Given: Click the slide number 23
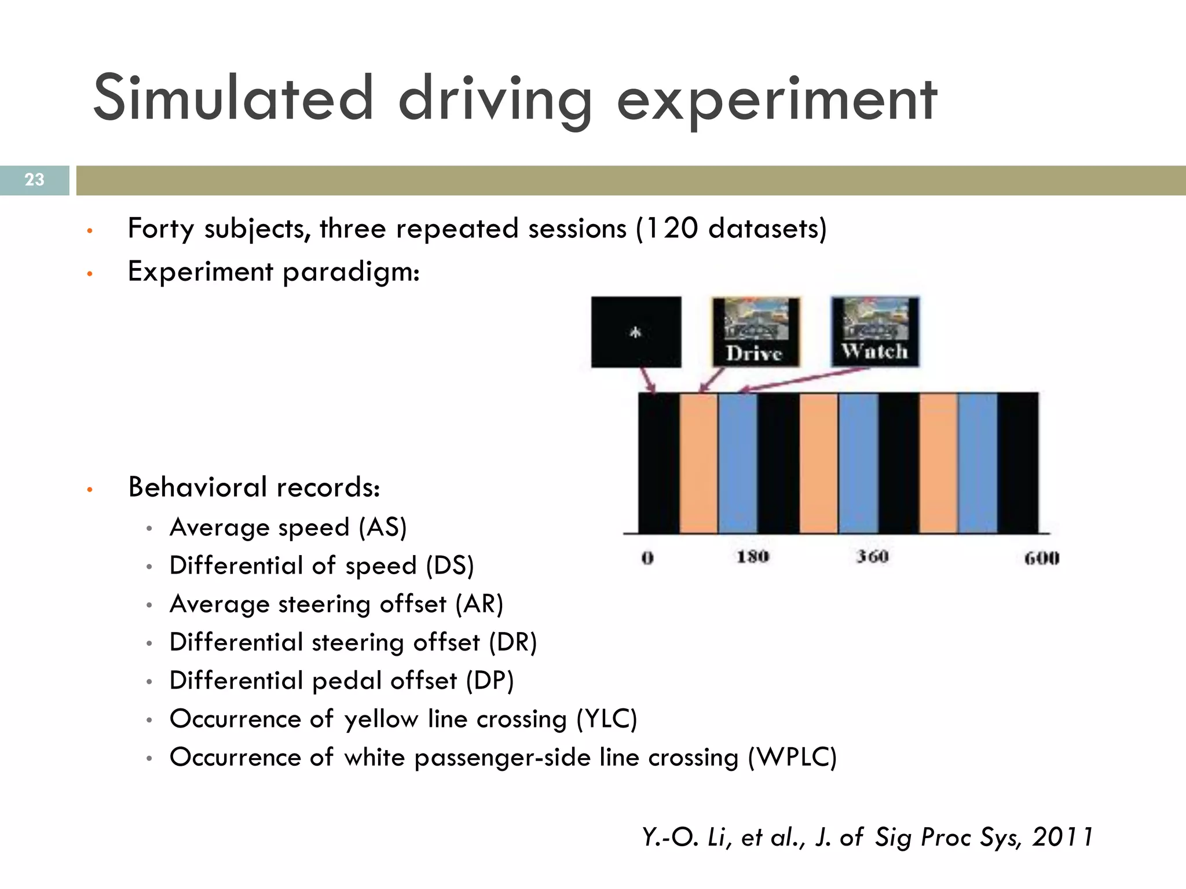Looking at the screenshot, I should pos(35,180).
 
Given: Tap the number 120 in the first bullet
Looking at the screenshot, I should pos(671,228).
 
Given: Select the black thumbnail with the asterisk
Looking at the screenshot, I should pos(636,332).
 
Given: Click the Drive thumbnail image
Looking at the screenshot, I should pos(755,332).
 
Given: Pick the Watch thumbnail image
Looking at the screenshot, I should pos(874,331).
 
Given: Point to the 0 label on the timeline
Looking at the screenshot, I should pos(647,558).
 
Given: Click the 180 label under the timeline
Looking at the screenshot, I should pos(752,557).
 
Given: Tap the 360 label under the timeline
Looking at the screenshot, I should pos(872,557).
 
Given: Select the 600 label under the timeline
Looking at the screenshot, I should pos(1041,558).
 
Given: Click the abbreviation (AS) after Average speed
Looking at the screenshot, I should pos(382,528).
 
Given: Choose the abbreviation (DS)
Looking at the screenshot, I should pos(449,566).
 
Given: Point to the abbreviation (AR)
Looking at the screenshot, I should pos(479,604).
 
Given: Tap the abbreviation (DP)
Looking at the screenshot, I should pos(490,681).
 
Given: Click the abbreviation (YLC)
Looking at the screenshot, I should pos(606,719).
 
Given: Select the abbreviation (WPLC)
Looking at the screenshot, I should pos(792,758).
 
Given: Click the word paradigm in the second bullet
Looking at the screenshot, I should pos(351,272).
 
